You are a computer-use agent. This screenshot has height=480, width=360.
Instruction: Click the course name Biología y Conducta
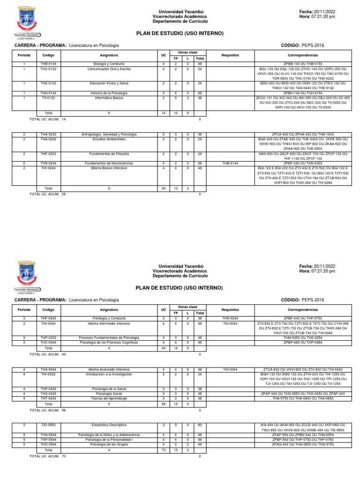[x=108, y=63]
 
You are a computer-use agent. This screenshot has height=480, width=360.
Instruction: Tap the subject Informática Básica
[x=108, y=98]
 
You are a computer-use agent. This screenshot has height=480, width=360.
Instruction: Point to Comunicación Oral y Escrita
[x=108, y=68]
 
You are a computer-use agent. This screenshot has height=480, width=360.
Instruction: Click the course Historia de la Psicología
[x=108, y=93]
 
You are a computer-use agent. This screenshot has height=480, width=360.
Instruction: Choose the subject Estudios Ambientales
[x=108, y=139]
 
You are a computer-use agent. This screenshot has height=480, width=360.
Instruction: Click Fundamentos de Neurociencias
[x=108, y=163]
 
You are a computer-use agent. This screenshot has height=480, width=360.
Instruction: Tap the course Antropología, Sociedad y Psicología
[x=108, y=134]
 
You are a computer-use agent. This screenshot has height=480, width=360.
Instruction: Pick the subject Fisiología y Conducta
[x=108, y=318]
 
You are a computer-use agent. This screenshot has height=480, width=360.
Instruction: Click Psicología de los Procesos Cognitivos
[x=108, y=343]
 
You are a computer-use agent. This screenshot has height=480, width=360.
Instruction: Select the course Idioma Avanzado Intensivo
[x=108, y=369]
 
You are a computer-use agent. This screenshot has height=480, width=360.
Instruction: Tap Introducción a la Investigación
[x=108, y=374]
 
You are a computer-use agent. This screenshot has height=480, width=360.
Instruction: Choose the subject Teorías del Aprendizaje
[x=108, y=398]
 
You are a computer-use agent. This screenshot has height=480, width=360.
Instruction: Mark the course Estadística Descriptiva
[x=108, y=425]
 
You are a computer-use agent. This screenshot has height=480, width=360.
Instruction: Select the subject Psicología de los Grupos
[x=108, y=445]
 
